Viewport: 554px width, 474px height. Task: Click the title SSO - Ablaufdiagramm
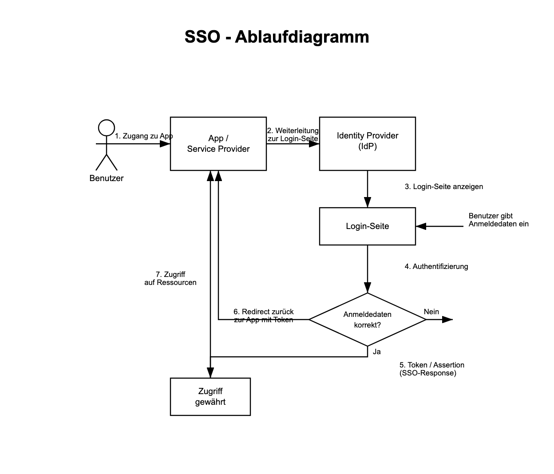pos(277,36)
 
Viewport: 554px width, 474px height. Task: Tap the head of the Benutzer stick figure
pos(107,128)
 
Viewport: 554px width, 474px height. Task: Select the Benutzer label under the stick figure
pos(107,178)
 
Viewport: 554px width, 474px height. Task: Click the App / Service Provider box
pos(218,144)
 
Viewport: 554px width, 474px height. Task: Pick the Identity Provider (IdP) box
pos(368,144)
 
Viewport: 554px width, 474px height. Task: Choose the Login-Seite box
pos(368,226)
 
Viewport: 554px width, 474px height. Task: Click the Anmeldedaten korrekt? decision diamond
pos(368,320)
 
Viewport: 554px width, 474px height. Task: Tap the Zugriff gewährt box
pos(210,397)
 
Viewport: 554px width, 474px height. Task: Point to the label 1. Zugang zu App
pos(143,136)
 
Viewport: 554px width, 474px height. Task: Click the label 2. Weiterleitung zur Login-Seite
pos(293,134)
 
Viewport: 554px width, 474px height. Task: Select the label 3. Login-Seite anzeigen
pos(444,187)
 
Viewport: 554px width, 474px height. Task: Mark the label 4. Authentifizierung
pos(436,267)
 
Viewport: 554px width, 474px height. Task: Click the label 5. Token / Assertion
pos(431,369)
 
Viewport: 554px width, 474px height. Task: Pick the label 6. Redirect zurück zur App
pos(264,316)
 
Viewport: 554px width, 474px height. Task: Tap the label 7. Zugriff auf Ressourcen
pos(170,278)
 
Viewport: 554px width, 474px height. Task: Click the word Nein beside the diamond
pos(431,312)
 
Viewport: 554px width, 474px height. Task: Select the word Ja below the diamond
pos(377,352)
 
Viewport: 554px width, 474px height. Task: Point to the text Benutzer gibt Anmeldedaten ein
pos(499,220)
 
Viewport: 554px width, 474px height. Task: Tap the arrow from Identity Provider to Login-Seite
pos(368,189)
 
